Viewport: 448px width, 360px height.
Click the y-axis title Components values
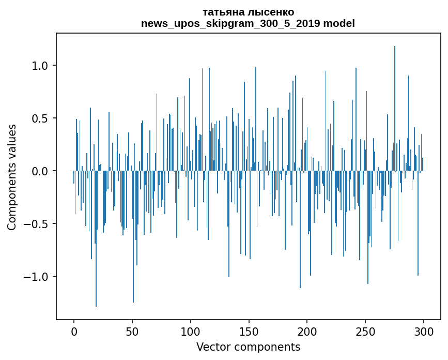[x=12, y=177]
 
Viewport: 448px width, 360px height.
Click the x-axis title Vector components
[x=248, y=347]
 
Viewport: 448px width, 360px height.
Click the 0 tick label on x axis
[x=74, y=331]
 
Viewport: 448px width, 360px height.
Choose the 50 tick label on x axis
[x=132, y=331]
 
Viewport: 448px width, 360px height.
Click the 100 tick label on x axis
[x=191, y=331]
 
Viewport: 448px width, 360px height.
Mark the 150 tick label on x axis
[x=249, y=331]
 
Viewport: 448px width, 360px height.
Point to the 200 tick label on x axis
[x=307, y=331]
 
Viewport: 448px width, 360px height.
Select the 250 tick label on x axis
[x=366, y=331]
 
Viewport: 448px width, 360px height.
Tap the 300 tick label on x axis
[x=424, y=331]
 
